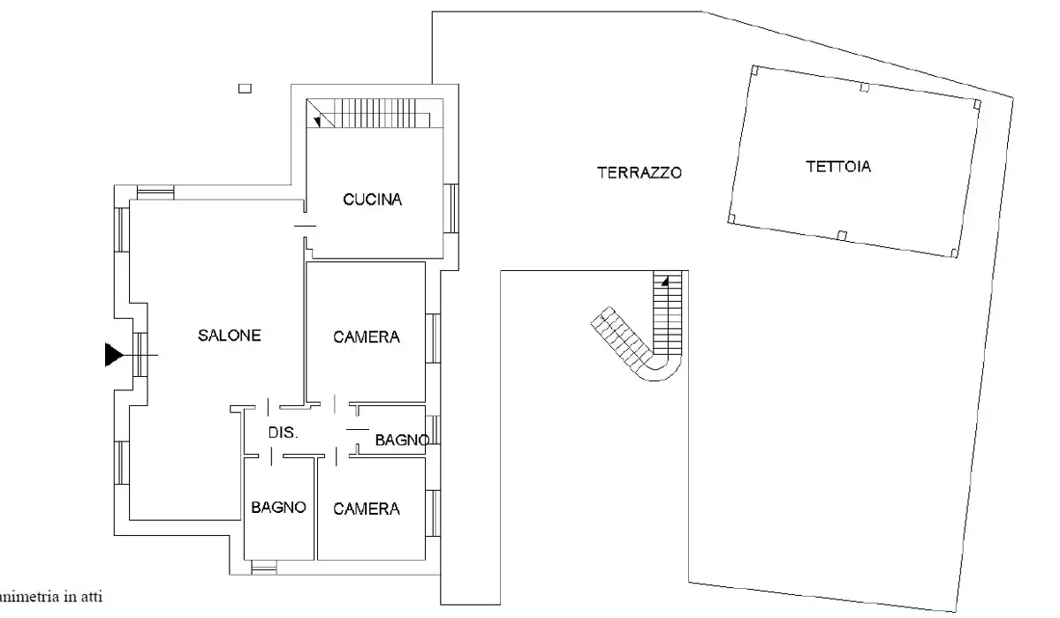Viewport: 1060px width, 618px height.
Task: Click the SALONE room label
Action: click(229, 335)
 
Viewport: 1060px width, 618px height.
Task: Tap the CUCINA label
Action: click(372, 200)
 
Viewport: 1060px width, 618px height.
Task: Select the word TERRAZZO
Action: click(640, 173)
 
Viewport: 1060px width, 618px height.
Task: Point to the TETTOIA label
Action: click(837, 166)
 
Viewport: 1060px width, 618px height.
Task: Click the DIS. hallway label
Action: click(284, 433)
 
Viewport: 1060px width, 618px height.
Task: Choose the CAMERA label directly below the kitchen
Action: click(367, 336)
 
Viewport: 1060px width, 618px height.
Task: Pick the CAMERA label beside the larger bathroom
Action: click(367, 509)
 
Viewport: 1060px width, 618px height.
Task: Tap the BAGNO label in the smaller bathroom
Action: click(402, 440)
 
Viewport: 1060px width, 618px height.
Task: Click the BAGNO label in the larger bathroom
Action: click(278, 508)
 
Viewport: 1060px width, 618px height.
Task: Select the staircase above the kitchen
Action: click(371, 113)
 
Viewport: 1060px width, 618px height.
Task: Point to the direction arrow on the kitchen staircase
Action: click(316, 119)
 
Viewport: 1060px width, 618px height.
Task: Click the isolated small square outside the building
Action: click(245, 87)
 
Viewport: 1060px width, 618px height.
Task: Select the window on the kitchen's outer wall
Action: click(450, 208)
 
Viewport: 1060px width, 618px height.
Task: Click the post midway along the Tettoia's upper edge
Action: click(865, 87)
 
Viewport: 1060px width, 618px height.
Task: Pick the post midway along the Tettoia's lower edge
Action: click(841, 235)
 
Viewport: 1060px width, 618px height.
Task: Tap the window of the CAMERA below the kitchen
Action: click(432, 338)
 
